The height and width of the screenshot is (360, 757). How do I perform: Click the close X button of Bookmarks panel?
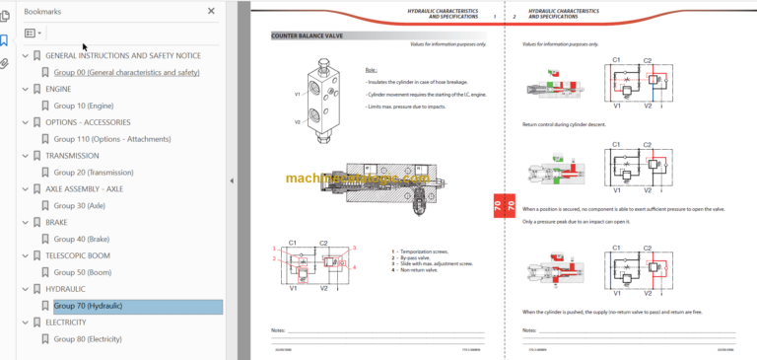point(211,11)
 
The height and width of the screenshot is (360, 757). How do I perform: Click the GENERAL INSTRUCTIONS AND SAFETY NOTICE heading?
point(123,55)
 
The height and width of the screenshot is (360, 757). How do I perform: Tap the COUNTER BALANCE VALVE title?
point(307,36)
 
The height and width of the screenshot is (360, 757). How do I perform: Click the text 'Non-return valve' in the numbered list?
point(424,269)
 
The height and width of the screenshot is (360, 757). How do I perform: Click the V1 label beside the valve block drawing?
point(297,94)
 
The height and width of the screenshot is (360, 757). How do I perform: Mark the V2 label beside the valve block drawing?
point(297,122)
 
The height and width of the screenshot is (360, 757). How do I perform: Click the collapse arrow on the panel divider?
point(231,180)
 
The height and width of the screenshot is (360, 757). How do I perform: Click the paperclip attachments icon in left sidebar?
point(5,62)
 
